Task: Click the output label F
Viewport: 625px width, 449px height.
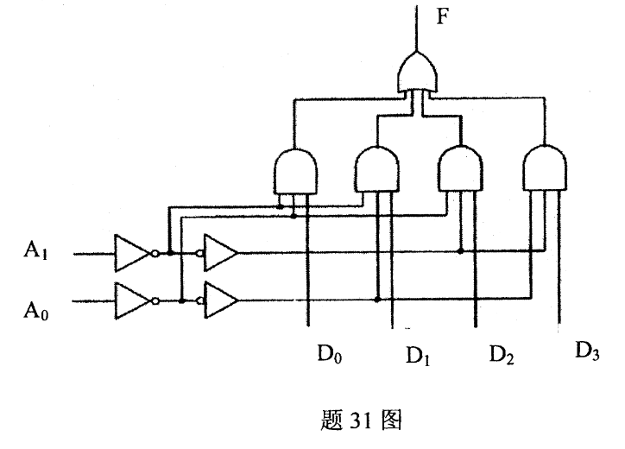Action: pos(441,18)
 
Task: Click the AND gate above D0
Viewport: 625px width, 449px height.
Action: pos(295,170)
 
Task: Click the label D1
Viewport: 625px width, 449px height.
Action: pos(417,354)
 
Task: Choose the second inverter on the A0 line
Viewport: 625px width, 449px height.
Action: pos(221,300)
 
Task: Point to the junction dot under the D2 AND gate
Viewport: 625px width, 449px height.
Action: pos(460,253)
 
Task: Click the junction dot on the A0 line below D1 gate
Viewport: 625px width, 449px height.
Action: pos(377,300)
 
